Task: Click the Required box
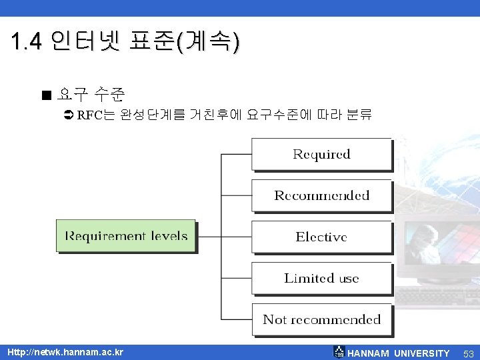coord(321,154)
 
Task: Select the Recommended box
coord(321,195)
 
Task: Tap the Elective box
coord(321,237)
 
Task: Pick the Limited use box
coord(321,278)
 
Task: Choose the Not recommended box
coord(321,319)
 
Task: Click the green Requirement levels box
coord(126,236)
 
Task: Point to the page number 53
coord(468,353)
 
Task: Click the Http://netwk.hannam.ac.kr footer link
coord(65,352)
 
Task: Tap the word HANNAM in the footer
coord(369,353)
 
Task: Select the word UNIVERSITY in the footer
coord(422,353)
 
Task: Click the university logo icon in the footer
coord(339,352)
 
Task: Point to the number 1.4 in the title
coord(27,43)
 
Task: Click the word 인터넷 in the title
coord(85,43)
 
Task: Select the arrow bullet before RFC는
coord(68,115)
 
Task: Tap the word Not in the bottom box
coord(275,319)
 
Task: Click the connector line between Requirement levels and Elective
coord(223,237)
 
